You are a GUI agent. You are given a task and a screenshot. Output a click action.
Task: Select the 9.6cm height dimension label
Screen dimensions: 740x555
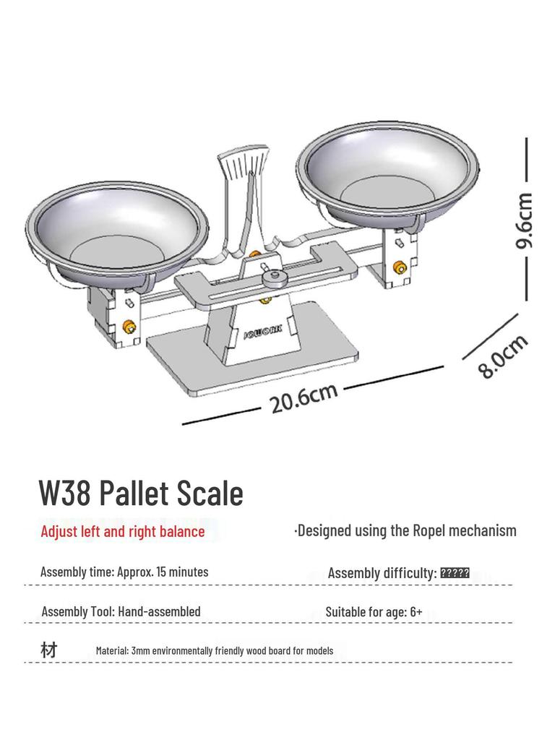[525, 220]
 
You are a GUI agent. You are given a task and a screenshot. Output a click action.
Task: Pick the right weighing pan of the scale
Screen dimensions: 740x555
[387, 170]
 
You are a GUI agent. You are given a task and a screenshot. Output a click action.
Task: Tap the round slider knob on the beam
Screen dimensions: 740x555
[272, 277]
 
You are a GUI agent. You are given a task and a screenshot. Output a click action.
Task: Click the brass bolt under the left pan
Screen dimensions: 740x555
[129, 327]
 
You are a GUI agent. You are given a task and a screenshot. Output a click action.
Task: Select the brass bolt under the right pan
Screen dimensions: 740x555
[397, 268]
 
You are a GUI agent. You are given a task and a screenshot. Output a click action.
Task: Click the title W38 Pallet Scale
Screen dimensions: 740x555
[141, 494]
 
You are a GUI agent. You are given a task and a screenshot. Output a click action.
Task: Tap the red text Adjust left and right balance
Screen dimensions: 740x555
[123, 532]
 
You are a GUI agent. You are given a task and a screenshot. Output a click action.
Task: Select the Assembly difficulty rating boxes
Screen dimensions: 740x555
[455, 573]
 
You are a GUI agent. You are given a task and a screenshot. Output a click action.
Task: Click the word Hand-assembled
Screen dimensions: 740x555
[159, 611]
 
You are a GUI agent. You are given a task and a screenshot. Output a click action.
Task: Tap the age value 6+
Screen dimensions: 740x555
[416, 612]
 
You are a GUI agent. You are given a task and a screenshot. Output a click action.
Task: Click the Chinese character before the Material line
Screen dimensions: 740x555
[48, 650]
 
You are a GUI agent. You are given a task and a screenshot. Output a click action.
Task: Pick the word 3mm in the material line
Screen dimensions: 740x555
[141, 650]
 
